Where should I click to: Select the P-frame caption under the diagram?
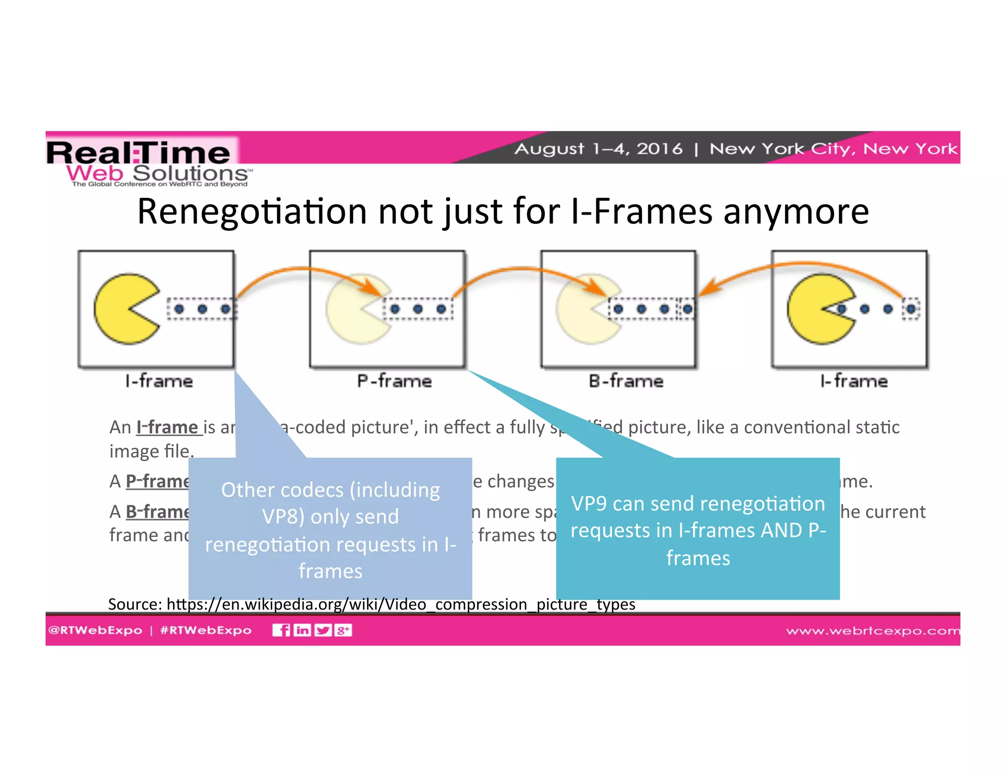394,381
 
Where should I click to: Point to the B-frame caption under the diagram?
626,381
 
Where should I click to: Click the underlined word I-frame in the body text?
168,427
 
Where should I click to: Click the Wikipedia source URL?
401,604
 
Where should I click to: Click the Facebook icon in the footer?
281,630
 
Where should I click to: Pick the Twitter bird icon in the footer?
323,630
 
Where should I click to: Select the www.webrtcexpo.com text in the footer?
872,631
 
